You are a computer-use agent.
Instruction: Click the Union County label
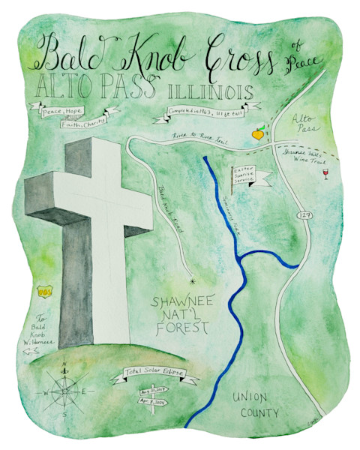255,405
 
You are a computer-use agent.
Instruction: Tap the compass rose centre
65,390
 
